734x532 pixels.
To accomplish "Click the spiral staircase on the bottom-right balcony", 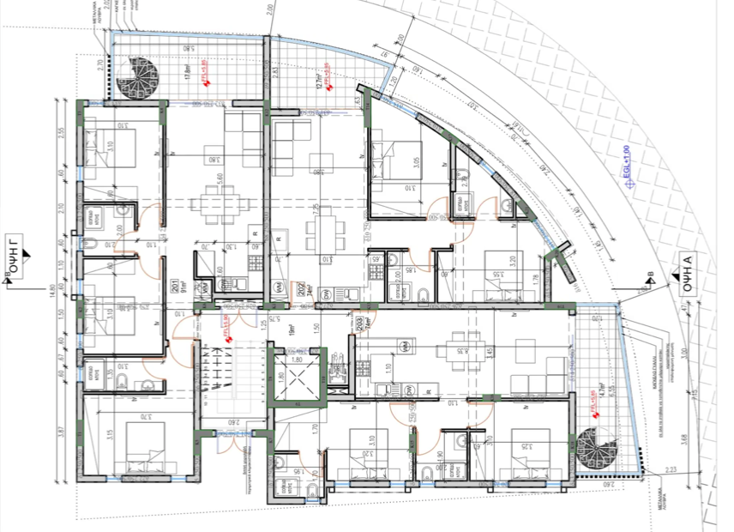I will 594,449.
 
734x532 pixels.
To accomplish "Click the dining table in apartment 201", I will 211,204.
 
